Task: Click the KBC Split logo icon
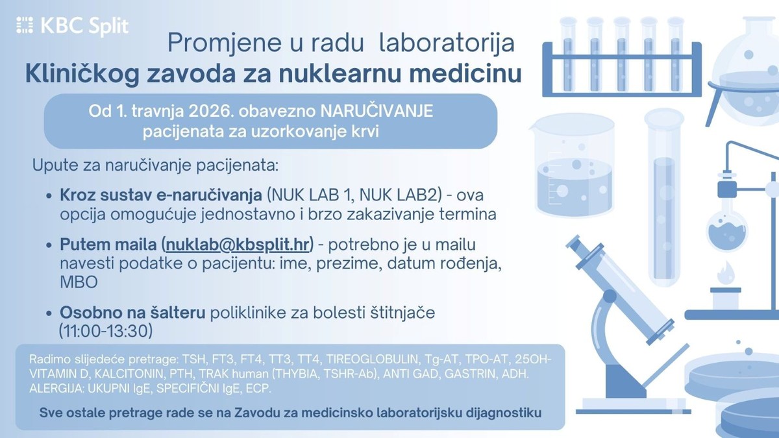[25, 26]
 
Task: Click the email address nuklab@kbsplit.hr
[239, 245]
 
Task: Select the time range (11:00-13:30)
[106, 330]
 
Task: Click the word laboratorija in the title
[447, 43]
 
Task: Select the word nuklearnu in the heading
[328, 74]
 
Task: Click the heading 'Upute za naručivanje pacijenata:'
[155, 165]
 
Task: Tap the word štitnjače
[399, 313]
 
